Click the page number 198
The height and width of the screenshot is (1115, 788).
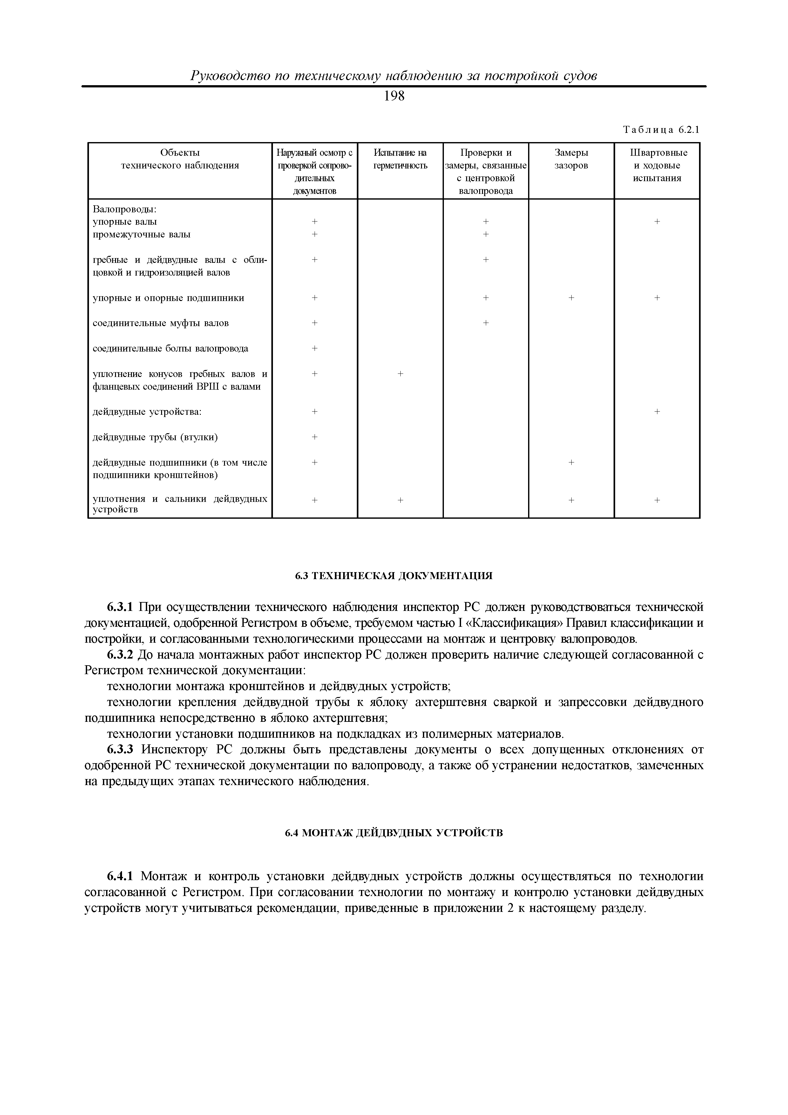click(394, 97)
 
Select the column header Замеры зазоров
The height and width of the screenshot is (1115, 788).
click(571, 159)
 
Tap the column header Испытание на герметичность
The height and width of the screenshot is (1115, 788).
click(400, 159)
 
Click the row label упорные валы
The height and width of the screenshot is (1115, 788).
click(125, 222)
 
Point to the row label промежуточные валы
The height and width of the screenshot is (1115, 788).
click(141, 235)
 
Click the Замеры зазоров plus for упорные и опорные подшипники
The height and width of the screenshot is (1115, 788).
click(571, 298)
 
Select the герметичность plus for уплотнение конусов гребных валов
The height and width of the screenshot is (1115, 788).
click(400, 373)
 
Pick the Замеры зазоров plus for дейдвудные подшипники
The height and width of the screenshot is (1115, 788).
click(571, 463)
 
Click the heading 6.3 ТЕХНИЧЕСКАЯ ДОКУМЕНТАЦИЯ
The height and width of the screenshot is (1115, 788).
click(394, 576)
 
